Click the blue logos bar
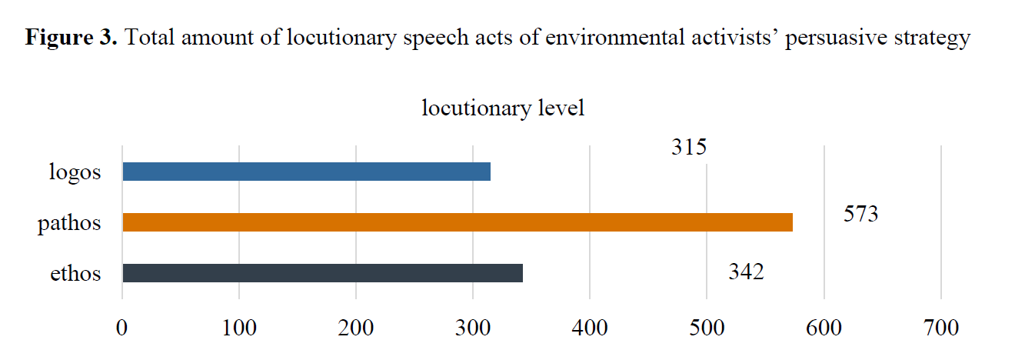306,172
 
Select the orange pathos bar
458,222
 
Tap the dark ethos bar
322,273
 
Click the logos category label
74,172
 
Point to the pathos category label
69,224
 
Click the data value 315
688,147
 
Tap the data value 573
860,214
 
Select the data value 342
746,272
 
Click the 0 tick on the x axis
122,328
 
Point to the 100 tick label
239,328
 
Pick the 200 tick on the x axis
356,328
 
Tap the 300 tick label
473,328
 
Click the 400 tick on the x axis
590,328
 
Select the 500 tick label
707,328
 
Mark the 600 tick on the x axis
824,328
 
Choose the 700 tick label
940,328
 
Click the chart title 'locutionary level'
503,108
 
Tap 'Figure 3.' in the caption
72,38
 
